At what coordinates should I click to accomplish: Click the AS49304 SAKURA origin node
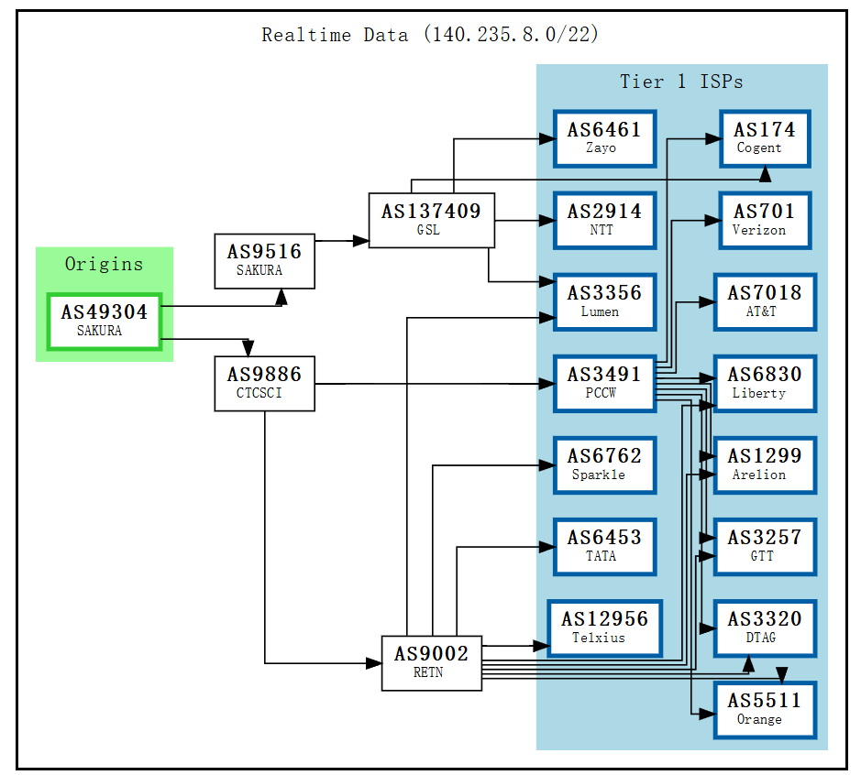(105, 322)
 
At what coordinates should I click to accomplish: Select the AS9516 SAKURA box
(264, 261)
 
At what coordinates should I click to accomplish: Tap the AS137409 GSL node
(431, 220)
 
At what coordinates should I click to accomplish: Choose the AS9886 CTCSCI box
(264, 384)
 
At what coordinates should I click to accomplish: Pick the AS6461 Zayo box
(604, 138)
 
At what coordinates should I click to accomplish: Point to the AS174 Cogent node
(764, 138)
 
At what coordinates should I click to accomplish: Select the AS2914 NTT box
(604, 220)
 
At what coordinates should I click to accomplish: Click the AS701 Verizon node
(764, 220)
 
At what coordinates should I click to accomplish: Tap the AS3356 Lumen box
(604, 301)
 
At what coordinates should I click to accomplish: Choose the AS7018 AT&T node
(764, 301)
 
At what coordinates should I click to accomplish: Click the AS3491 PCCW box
(604, 383)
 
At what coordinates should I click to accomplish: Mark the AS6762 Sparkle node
(604, 464)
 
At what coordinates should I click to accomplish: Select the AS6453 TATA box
(604, 546)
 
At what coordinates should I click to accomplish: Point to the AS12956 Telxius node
(604, 628)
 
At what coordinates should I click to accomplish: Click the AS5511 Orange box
(764, 709)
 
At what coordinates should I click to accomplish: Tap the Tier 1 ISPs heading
(681, 82)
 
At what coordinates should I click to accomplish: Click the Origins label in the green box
(104, 264)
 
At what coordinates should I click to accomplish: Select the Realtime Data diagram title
(430, 35)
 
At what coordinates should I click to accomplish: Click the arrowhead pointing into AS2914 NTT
(547, 221)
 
